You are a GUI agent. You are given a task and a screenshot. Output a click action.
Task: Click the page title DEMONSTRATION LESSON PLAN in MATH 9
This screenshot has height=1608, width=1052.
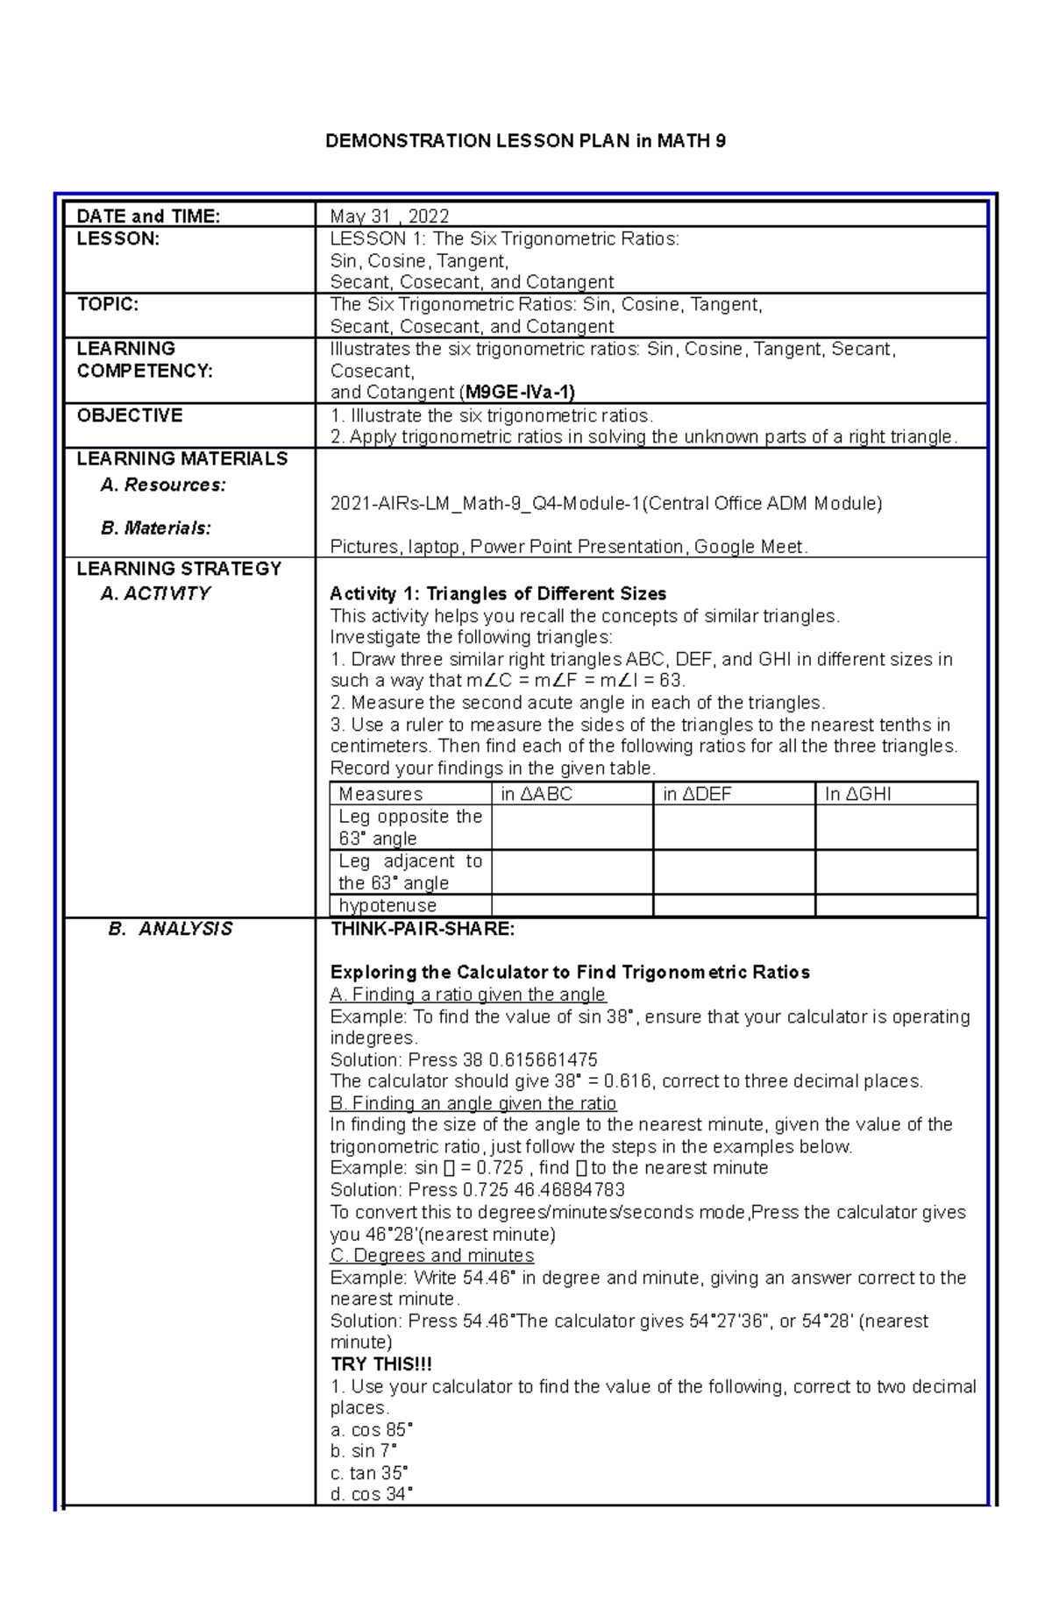[525, 141]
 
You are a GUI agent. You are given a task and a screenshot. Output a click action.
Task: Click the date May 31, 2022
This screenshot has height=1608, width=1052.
[389, 216]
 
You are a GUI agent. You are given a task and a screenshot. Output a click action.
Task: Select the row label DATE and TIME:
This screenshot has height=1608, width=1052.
[148, 216]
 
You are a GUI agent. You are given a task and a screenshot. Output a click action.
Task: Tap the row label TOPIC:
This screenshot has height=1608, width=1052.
[108, 305]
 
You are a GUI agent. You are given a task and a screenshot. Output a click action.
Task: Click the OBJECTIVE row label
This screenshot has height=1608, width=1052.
[130, 415]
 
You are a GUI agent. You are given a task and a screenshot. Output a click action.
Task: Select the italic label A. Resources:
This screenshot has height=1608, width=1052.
[163, 485]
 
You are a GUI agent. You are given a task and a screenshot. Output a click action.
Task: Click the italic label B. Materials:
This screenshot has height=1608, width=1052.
[156, 528]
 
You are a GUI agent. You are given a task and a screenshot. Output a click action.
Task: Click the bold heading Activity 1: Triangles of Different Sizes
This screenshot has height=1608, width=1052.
[498, 594]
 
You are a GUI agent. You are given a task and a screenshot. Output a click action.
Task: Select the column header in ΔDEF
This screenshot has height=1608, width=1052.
[697, 795]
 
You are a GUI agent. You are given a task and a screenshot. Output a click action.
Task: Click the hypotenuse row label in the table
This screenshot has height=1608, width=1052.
[387, 905]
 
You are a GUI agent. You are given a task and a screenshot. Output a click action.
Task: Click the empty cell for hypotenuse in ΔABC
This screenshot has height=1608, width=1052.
[572, 905]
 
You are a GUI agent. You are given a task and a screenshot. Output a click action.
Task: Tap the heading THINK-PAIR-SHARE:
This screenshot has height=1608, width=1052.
[423, 929]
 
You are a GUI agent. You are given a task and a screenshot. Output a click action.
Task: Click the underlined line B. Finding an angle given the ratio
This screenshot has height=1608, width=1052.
[473, 1103]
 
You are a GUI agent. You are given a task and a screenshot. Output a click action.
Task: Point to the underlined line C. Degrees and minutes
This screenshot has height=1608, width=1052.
[432, 1256]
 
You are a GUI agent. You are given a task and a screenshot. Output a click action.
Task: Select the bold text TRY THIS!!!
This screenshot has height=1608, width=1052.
[380, 1364]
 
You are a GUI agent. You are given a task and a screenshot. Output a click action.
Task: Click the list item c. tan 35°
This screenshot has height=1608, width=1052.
[369, 1473]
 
